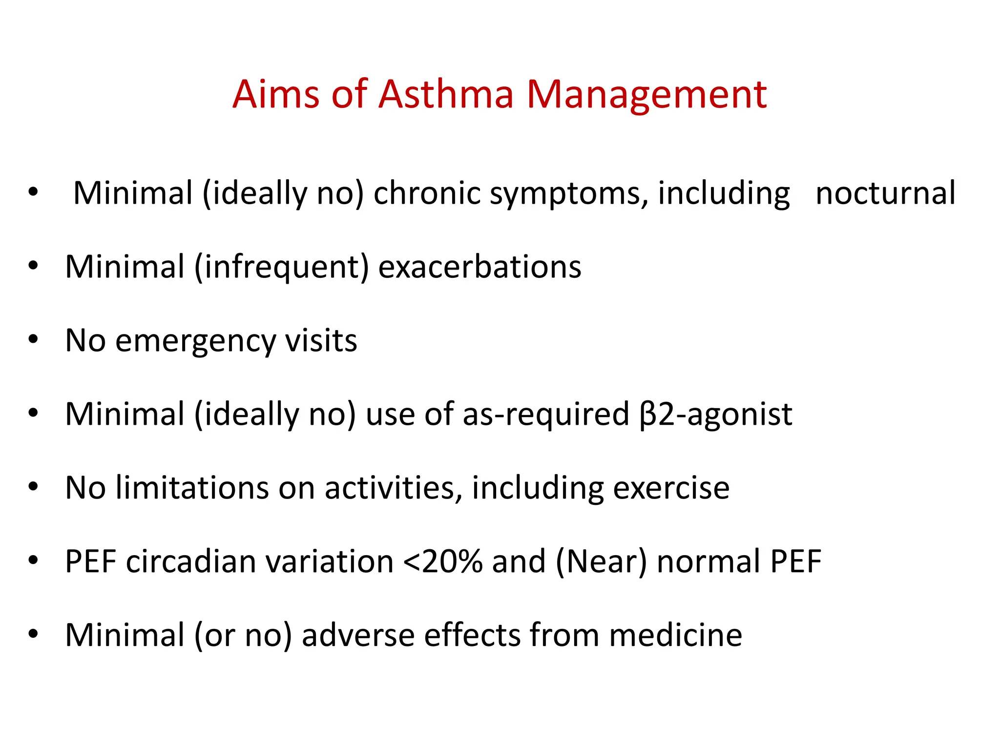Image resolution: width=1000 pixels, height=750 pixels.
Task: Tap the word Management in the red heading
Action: pos(646,95)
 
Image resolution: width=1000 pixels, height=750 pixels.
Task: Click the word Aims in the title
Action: pos(276,94)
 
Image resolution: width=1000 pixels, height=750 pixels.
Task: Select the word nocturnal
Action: pos(885,193)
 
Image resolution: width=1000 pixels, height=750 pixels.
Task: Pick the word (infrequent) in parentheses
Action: pos(281,268)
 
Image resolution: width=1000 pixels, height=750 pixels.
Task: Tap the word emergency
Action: pos(195,341)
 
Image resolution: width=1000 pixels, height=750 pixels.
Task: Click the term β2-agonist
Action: pos(715,415)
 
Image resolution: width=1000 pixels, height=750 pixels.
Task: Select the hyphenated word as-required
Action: pos(546,415)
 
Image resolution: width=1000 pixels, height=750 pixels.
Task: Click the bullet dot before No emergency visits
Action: pos(33,339)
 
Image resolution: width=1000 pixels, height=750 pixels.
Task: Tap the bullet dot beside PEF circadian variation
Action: pos(33,560)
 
